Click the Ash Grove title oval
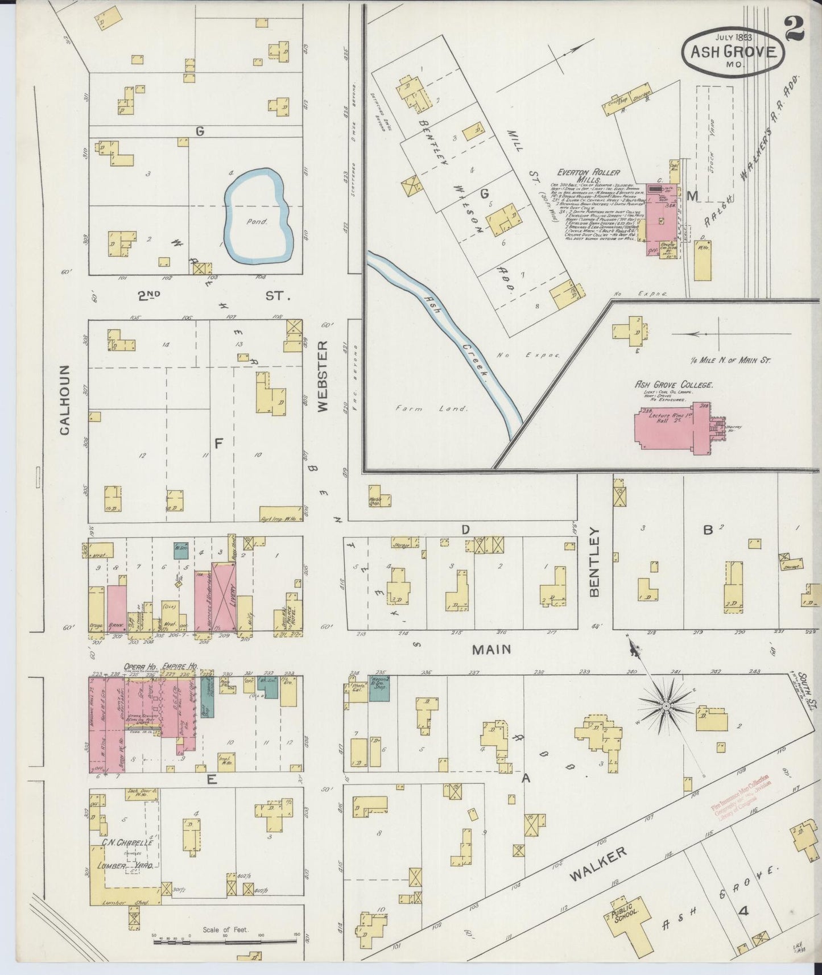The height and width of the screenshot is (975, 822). [733, 51]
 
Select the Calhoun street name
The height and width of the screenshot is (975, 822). [64, 400]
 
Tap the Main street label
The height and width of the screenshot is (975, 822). [491, 649]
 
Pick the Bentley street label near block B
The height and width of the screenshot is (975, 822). [595, 561]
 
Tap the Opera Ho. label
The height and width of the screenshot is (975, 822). [141, 666]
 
